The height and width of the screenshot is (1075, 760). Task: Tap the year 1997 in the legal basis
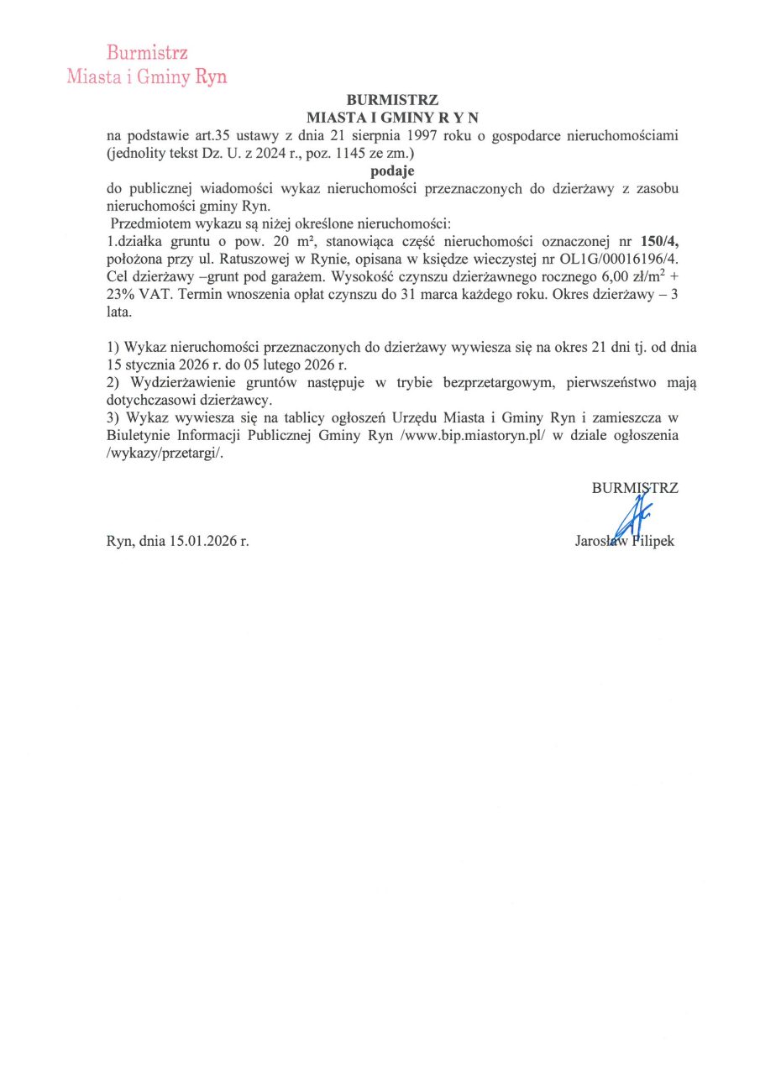click(430, 135)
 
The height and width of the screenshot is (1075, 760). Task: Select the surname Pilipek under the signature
click(650, 541)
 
